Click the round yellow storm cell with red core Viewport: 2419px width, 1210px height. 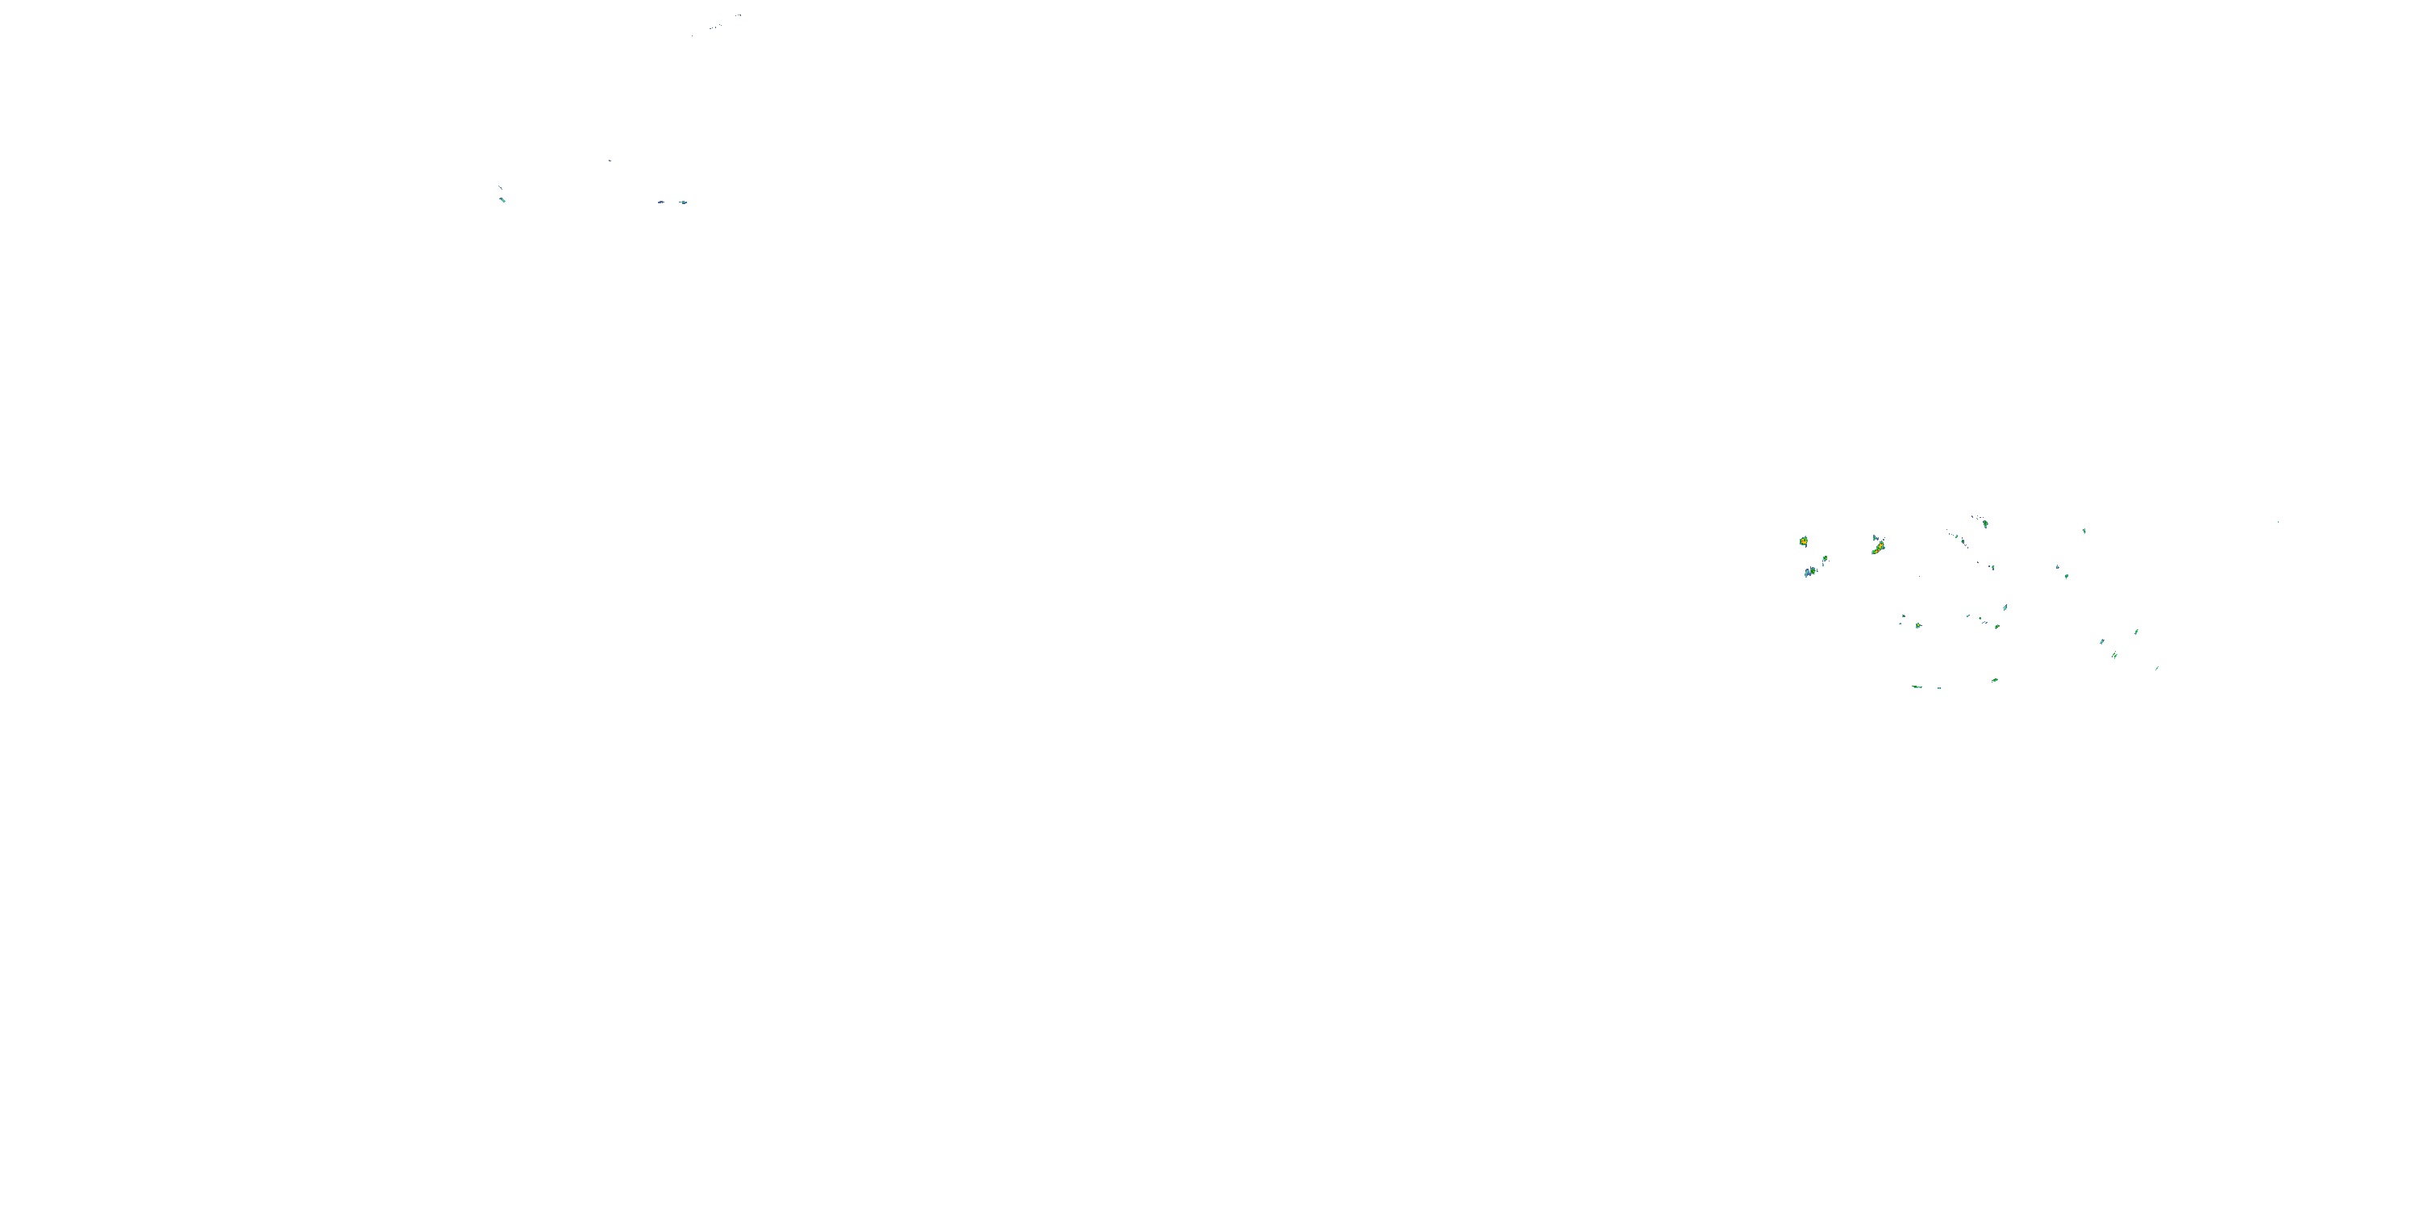point(1803,541)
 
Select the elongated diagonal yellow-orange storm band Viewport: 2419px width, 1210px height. point(1878,548)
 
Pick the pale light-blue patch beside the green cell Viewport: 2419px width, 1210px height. point(1809,572)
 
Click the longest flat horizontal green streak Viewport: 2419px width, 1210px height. point(1917,686)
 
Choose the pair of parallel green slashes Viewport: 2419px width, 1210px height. point(2115,655)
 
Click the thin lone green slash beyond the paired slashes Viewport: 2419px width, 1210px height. point(2157,668)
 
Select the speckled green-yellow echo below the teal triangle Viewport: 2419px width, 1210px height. point(1996,626)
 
